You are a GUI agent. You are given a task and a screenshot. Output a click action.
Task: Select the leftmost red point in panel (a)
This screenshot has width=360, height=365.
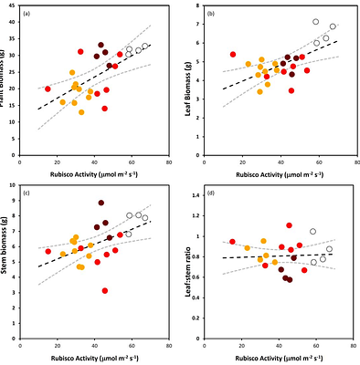[48, 89]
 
